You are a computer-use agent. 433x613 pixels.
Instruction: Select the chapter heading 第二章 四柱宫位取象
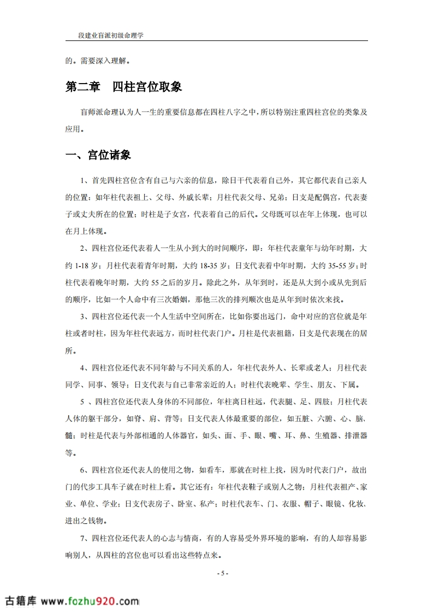pyautogui.click(x=123, y=87)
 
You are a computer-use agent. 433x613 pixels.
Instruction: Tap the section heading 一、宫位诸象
pyautogui.click(x=98, y=155)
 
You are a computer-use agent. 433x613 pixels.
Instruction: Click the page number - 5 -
pyautogui.click(x=222, y=573)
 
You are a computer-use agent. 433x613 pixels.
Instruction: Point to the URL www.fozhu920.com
pyautogui.click(x=90, y=601)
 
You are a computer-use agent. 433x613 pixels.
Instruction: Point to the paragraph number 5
pyautogui.click(x=81, y=402)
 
